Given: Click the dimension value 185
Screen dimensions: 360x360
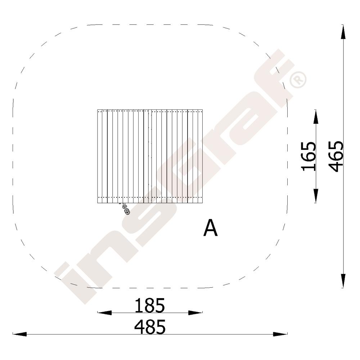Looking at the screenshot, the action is click(x=150, y=305).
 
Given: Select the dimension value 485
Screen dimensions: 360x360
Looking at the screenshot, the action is click(x=150, y=327).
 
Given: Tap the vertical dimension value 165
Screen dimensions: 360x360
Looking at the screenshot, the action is click(x=309, y=156).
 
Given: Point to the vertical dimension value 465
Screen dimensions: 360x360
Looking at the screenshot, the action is click(x=336, y=156).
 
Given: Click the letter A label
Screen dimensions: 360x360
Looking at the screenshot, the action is click(x=210, y=228).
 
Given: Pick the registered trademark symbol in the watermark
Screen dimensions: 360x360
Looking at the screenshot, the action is click(x=298, y=80).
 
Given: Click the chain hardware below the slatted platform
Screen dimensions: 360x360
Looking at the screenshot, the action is click(x=125, y=209).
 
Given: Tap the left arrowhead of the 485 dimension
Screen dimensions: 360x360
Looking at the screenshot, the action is click(x=20, y=334).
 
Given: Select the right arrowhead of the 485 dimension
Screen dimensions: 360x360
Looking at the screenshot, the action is click(x=280, y=334).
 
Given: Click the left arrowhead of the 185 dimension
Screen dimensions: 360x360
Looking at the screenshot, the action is click(x=104, y=312).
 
